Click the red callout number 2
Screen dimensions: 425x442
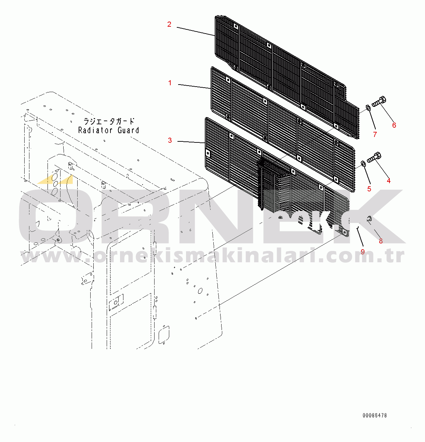pyautogui.click(x=169, y=24)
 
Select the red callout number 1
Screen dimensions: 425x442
pyautogui.click(x=170, y=83)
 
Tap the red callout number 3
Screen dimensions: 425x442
pyautogui.click(x=170, y=140)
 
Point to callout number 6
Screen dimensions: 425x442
pyautogui.click(x=394, y=125)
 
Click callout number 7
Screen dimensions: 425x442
pyautogui.click(x=375, y=135)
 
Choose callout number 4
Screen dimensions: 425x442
pyautogui.click(x=388, y=180)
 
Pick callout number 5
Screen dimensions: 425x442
pyautogui.click(x=369, y=189)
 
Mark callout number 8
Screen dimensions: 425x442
pyautogui.click(x=381, y=241)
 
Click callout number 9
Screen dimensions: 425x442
pyautogui.click(x=362, y=252)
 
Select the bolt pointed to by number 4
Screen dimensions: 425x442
pyautogui.click(x=374, y=158)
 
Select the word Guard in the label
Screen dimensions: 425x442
pyautogui.click(x=128, y=130)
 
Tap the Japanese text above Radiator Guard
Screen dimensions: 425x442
pyautogui.click(x=109, y=121)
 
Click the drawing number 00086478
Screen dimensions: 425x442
pyautogui.click(x=375, y=415)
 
